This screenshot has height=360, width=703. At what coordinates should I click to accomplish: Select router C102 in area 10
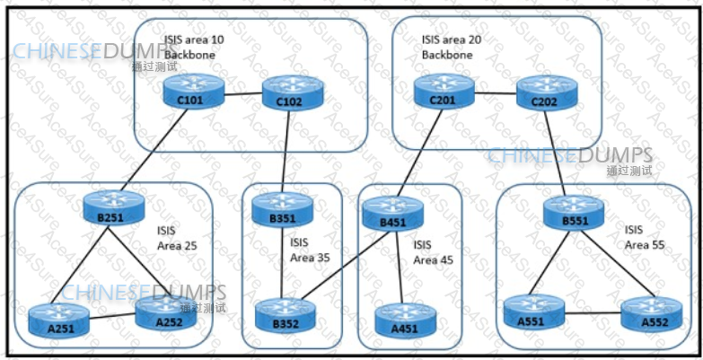288,93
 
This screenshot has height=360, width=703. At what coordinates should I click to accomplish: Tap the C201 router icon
443,92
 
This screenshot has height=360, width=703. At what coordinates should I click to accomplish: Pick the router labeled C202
543,93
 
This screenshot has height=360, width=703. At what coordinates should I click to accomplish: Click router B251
111,208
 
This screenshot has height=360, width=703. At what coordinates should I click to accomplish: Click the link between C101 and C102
239,93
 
